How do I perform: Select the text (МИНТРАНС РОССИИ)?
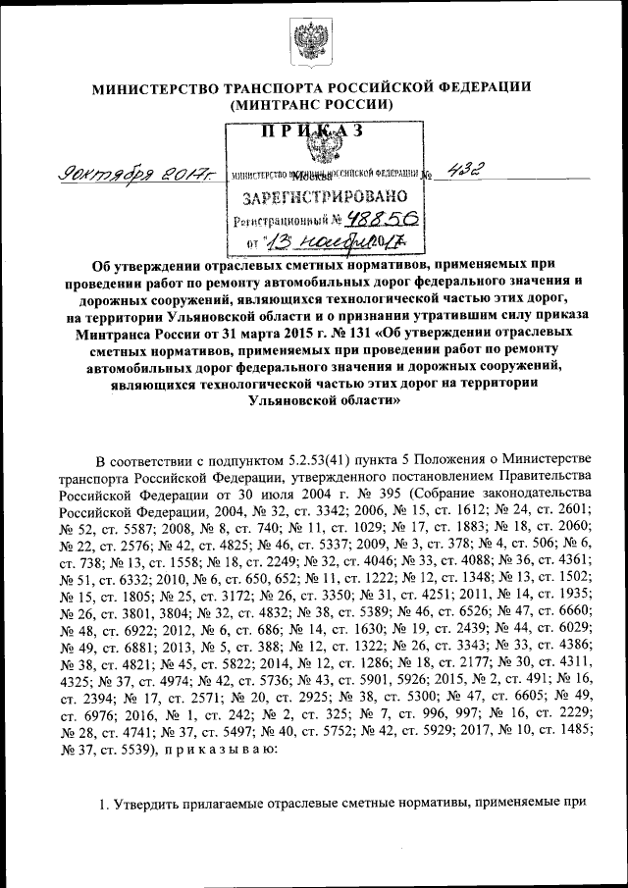312,104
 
